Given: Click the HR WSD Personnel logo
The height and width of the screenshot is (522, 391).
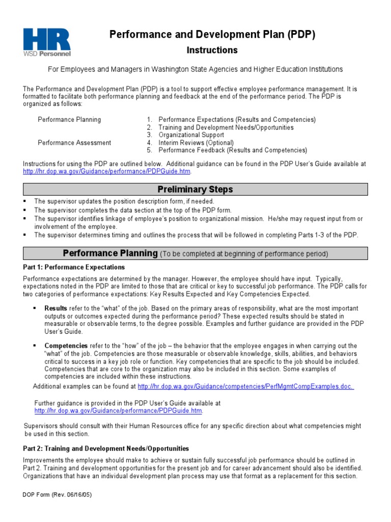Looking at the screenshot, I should pos(47,41).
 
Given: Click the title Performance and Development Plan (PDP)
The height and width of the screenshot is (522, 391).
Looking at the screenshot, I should pos(213,35).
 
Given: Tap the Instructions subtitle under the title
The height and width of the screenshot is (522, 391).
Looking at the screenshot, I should pos(212,50).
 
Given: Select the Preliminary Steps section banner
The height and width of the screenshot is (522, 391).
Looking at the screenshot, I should pos(195,189).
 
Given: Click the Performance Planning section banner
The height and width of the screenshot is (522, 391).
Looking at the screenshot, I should pos(195,253).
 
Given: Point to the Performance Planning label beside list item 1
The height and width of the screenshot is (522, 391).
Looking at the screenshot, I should pos(69,120).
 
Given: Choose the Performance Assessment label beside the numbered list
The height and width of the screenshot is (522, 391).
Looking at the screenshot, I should pos(74,143).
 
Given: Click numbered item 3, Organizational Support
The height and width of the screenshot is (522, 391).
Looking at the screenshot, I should pos(191,135).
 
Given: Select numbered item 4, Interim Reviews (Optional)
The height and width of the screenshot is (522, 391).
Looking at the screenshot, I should pos(196,143).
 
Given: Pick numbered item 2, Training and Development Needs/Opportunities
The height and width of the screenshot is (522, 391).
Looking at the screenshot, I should pos(226,127).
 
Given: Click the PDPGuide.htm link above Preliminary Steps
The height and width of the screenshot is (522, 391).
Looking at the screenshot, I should pos(106,172).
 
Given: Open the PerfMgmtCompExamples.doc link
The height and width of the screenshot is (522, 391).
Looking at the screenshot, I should pos(245,386).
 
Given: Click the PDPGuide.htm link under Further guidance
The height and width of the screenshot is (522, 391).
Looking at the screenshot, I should pos(118,410).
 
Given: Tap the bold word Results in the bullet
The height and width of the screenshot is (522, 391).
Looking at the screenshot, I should pos(55,308).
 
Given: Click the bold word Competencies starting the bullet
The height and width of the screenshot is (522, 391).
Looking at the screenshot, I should pos(66,346).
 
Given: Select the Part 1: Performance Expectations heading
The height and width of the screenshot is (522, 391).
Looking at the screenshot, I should pos(74,267).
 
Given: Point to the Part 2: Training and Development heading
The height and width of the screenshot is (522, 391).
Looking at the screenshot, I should pos(106,449).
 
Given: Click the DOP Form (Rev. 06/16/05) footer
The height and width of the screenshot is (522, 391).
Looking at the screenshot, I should pos(58,494).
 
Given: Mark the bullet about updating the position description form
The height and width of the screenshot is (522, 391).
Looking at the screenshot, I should pos(124,201).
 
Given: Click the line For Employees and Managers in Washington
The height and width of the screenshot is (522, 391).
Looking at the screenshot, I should pos(195,69).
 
